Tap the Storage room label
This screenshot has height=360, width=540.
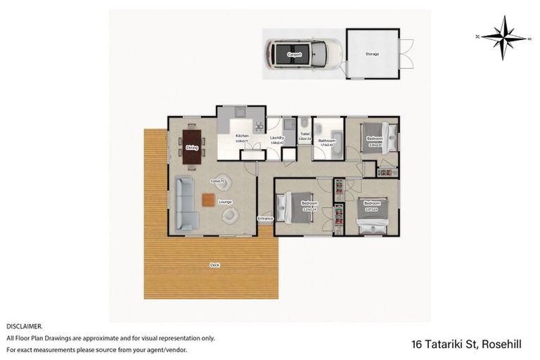(372, 53)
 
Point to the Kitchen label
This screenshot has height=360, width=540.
(241, 136)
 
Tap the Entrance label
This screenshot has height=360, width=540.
(265, 219)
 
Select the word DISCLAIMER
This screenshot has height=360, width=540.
(25, 326)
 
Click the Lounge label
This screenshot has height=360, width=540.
(225, 202)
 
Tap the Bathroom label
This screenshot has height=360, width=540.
(326, 141)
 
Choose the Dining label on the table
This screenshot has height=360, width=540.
(192, 147)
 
